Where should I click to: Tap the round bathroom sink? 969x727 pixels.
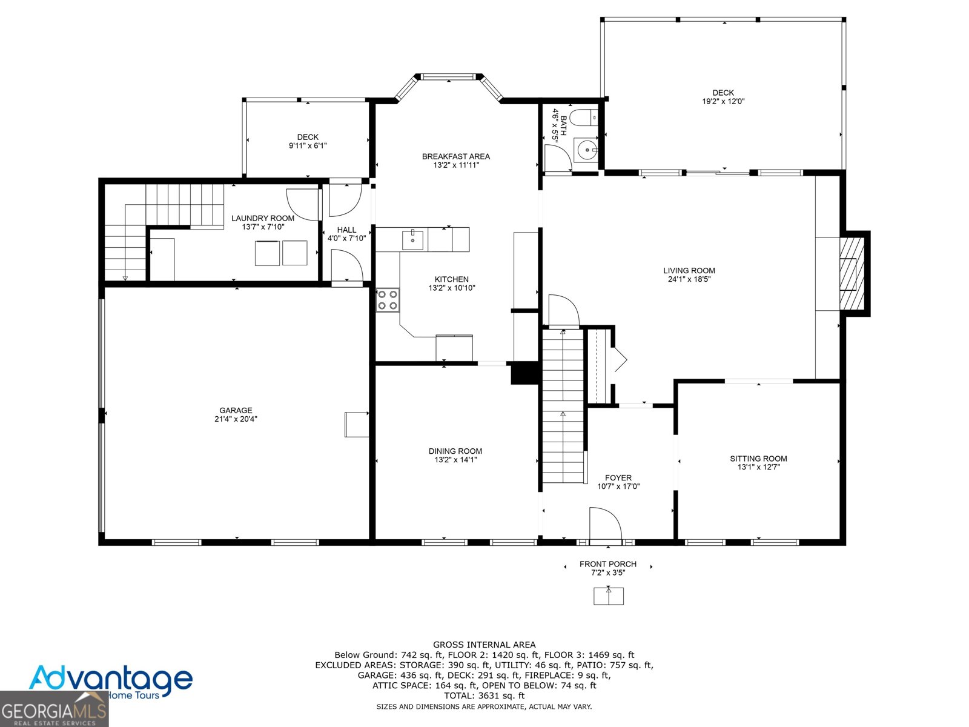point(587,150)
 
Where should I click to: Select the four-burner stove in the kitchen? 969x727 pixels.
point(387,300)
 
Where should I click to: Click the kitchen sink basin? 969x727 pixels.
point(412,240)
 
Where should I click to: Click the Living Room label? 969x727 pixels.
point(689,271)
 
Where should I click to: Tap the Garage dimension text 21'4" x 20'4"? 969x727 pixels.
point(236,419)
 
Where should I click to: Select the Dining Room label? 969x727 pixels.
point(455,451)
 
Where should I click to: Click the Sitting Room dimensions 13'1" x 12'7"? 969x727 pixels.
point(758,467)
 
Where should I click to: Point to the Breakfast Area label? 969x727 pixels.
point(455,156)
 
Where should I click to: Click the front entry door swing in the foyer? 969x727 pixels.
point(605,524)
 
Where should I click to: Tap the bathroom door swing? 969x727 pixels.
point(558,158)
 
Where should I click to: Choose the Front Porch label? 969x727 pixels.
point(608,564)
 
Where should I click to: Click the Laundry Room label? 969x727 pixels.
point(263,218)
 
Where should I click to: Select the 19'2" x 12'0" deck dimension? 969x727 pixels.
point(723,101)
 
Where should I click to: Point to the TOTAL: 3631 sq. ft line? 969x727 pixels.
point(484,695)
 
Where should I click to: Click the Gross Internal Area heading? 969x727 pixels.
point(484,645)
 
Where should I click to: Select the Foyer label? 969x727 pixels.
point(618,477)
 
